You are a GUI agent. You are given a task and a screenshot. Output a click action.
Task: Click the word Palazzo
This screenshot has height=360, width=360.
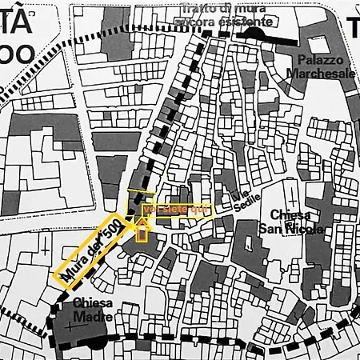[320, 60]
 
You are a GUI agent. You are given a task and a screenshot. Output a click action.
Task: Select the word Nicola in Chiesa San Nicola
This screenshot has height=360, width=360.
[306, 230]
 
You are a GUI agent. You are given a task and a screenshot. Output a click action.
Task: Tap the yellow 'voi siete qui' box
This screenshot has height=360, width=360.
[177, 210]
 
